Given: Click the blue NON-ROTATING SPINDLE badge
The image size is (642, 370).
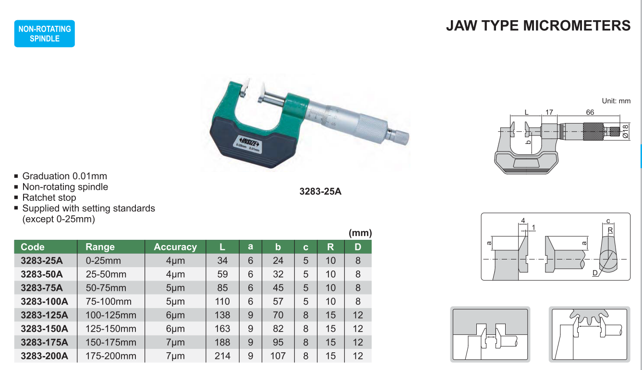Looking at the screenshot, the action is [x=45, y=34].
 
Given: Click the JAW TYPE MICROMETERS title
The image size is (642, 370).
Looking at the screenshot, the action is [x=538, y=25].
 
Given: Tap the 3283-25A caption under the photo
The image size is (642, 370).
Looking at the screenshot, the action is [x=320, y=191].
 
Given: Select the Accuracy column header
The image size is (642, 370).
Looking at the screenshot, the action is [x=175, y=247].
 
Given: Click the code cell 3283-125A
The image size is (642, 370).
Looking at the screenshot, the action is [x=45, y=315].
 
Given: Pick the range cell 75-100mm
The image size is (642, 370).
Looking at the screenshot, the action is [x=109, y=301].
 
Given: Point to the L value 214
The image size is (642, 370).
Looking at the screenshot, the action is [x=222, y=356].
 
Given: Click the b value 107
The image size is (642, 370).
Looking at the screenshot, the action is [x=278, y=356].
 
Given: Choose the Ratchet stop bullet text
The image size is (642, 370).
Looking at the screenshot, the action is [x=49, y=197].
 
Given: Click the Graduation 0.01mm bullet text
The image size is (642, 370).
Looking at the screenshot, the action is [x=65, y=176].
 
